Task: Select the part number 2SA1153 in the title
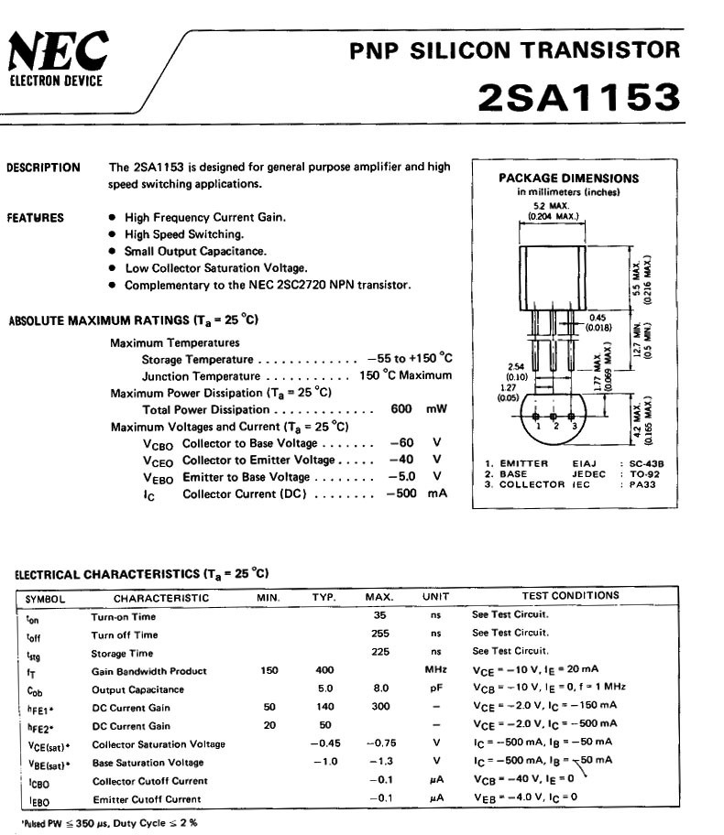click(578, 98)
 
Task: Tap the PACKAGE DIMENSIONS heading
click(568, 179)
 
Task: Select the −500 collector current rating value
click(400, 493)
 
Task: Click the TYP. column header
click(324, 597)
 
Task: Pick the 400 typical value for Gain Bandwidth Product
click(324, 670)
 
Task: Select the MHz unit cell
click(435, 670)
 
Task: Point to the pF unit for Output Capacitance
click(436, 689)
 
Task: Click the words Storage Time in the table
click(122, 653)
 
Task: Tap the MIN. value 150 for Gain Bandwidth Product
click(269, 670)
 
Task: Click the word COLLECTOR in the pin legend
click(532, 484)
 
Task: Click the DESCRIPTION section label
click(43, 168)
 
